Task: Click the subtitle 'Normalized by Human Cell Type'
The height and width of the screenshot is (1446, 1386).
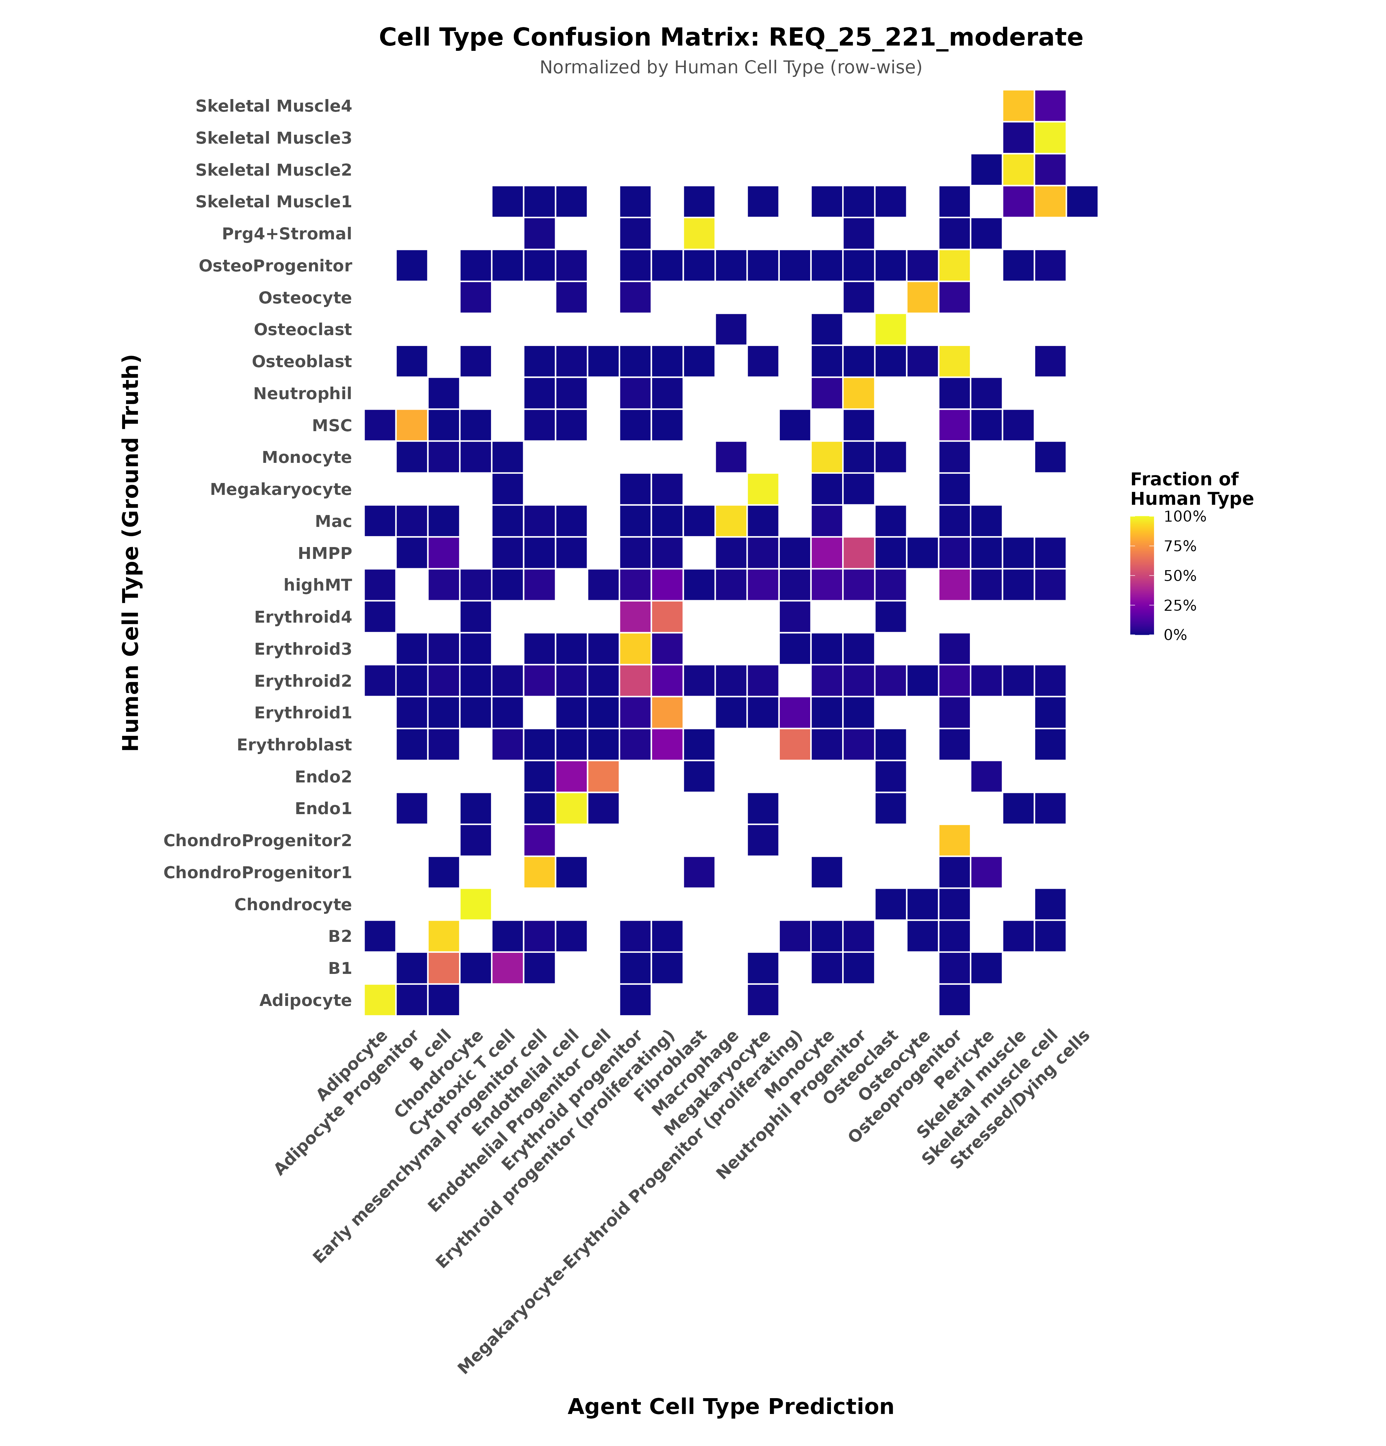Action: point(730,68)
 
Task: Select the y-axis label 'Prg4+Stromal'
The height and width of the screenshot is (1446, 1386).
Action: point(287,234)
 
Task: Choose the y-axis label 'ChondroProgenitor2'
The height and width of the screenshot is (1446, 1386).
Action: point(257,840)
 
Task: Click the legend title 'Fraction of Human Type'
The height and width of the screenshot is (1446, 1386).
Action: point(1191,489)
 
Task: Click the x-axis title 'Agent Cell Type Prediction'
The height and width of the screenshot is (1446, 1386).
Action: point(730,1406)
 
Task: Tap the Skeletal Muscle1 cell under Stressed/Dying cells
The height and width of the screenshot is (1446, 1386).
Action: point(1081,201)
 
